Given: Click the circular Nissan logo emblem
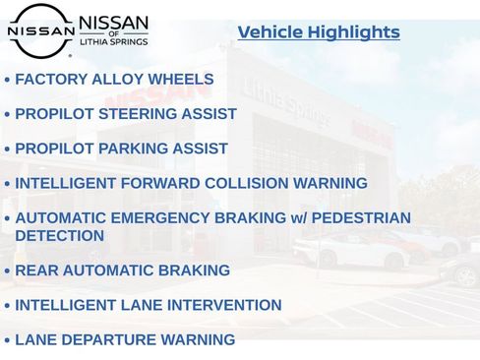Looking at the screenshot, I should point(40,30).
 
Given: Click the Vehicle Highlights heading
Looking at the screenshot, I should point(319,32).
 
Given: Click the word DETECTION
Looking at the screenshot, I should point(59,236).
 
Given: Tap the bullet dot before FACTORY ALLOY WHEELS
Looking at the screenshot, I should point(8,81).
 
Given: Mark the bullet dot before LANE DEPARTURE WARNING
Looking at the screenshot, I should point(8,341).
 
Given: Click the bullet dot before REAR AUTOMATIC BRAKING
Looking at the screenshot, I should point(8,271).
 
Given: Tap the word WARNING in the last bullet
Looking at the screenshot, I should point(202,340).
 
